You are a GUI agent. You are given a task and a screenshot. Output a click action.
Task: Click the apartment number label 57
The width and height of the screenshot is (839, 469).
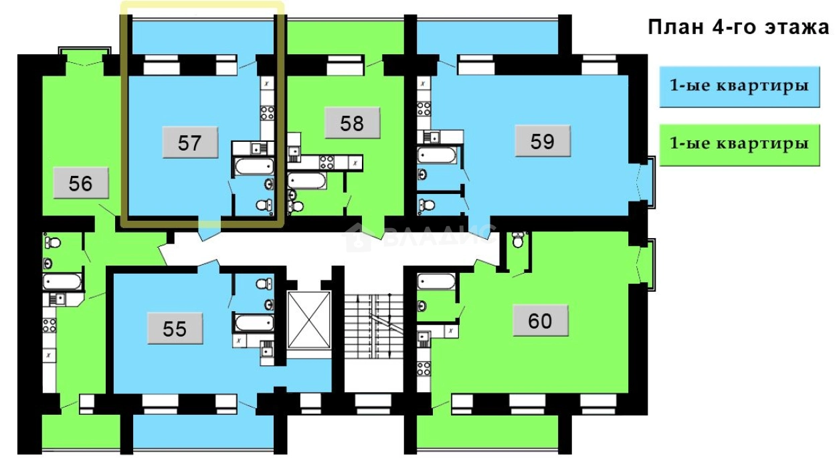tap(190, 143)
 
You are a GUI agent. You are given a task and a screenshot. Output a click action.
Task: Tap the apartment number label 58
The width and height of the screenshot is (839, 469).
tap(352, 123)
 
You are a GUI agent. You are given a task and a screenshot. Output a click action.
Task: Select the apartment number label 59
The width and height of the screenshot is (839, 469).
tap(543, 141)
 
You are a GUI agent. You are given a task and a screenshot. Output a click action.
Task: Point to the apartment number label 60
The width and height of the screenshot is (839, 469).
tap(540, 320)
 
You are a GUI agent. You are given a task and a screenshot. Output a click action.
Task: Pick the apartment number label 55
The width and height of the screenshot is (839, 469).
tap(175, 329)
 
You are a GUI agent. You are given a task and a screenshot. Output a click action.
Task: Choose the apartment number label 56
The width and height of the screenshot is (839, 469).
tap(81, 183)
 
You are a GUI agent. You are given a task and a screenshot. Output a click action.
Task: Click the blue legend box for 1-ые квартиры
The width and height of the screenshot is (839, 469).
tap(739, 86)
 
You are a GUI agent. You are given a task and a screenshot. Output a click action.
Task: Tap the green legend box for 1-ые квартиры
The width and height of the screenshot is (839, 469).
tap(739, 145)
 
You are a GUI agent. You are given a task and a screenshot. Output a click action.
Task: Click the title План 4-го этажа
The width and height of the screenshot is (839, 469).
tap(739, 27)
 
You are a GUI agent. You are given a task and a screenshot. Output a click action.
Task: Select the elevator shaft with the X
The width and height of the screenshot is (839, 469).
tap(309, 320)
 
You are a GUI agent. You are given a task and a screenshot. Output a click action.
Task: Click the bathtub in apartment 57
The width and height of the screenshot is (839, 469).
tap(254, 166)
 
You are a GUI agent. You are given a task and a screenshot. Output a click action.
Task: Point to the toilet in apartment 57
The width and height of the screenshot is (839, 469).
tap(264, 205)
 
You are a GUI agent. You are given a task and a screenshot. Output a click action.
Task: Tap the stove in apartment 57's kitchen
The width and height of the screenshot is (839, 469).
tap(268, 113)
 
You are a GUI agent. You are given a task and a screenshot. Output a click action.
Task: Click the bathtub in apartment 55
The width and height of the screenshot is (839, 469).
tap(254, 322)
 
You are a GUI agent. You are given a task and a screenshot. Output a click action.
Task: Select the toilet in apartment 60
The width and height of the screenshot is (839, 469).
tap(518, 240)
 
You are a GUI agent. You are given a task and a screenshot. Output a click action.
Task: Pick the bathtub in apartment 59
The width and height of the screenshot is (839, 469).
tap(437, 155)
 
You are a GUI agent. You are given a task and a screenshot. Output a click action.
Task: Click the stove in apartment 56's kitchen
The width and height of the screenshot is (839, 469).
tap(49, 326)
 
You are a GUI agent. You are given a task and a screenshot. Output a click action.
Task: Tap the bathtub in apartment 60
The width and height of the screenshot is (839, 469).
tap(437, 281)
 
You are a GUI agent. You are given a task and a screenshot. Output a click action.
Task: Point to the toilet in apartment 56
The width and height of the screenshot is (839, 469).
tap(52, 242)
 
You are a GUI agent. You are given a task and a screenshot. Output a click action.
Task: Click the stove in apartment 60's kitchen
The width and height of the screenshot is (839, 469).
tap(424, 369)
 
